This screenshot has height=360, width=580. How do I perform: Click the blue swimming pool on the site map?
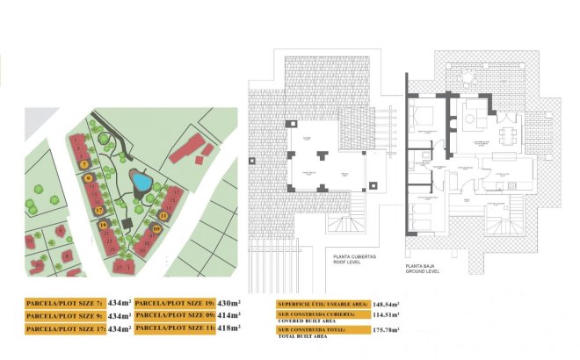coord(141,182)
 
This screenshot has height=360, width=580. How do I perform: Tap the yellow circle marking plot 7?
coord(83,164)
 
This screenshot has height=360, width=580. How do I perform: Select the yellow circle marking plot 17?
coord(99,210)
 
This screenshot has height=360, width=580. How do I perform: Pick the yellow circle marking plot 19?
coord(104,225)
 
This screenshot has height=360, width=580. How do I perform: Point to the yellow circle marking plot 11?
coord(163,214)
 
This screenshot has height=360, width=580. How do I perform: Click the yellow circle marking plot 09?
coord(156,230)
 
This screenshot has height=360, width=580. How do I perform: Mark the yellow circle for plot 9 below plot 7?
coord(89,178)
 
